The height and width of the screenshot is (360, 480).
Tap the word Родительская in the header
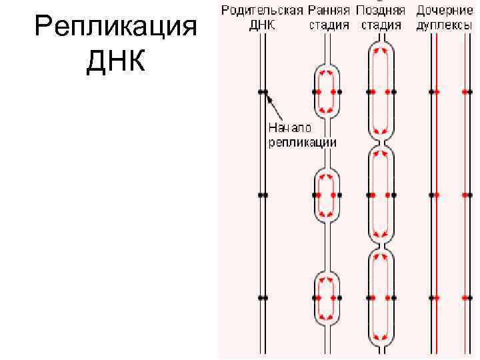tap(263, 11)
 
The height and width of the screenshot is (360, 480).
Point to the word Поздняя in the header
tap(381, 11)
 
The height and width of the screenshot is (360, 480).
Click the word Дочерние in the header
tap(441, 11)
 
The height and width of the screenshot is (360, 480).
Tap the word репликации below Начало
tap(302, 142)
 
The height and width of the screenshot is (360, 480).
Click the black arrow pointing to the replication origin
tap(271, 101)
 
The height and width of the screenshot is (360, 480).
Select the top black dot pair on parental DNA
tap(263, 91)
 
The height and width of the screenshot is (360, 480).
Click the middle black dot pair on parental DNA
tap(263, 195)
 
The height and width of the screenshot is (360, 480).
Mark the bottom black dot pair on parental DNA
tap(263, 297)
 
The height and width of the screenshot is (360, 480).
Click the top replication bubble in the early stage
tap(327, 91)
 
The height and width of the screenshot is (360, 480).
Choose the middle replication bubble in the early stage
tap(327, 195)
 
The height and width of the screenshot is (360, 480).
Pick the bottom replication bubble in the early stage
tap(327, 297)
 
